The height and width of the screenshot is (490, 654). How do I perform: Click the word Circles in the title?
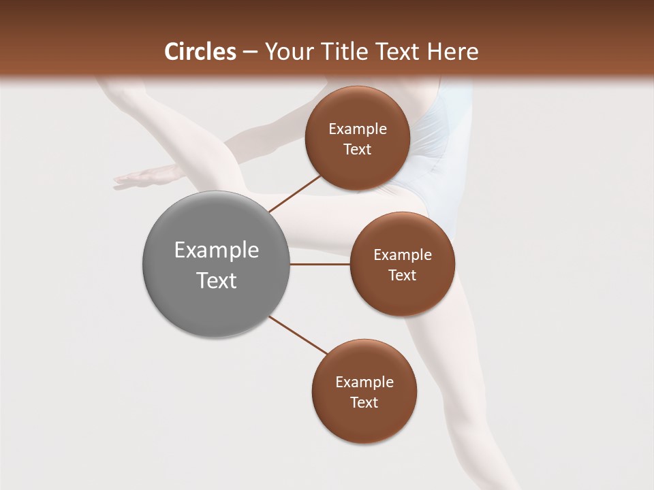[200, 52]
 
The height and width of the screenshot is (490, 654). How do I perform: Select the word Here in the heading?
[452, 52]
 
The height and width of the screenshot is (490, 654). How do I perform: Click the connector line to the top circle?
[294, 194]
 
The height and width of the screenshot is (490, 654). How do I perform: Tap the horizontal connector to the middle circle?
[320, 264]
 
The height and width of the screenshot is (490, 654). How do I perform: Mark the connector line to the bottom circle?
[298, 334]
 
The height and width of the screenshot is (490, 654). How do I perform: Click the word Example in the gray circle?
[216, 250]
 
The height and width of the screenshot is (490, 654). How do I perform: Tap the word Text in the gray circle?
[216, 280]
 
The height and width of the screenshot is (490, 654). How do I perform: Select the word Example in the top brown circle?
[357, 129]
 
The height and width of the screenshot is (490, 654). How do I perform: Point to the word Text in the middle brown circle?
[402, 275]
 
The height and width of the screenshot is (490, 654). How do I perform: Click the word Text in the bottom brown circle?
[364, 402]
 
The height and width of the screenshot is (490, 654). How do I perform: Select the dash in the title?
[250, 52]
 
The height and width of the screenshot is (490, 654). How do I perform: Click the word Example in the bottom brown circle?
[364, 382]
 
